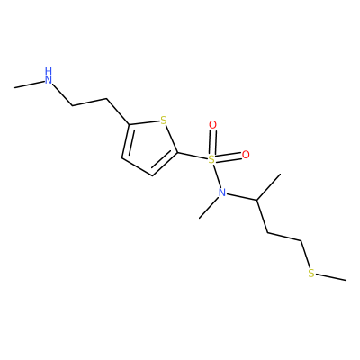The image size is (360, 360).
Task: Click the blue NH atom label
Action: coord(49,76)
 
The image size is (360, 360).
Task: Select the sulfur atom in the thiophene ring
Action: coord(163,121)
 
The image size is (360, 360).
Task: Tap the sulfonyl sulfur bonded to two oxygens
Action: coord(211,159)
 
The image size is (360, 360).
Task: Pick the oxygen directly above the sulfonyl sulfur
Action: coord(212,125)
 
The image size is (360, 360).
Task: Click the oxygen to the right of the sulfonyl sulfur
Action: coord(246,155)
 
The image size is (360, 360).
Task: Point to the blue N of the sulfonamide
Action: coord(222,193)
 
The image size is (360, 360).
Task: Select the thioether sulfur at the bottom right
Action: coord(311,274)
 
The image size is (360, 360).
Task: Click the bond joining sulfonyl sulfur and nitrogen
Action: coord(217,175)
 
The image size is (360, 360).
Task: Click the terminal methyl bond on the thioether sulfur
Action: coord(331,277)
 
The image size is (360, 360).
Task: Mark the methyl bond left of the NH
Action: coord(29,85)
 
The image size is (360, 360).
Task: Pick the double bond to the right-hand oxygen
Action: coord(229,157)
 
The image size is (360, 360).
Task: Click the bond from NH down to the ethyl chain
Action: coord(62,94)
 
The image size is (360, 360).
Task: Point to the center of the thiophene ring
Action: coord(150,147)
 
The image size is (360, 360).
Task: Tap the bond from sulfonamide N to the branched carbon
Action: coord(242,197)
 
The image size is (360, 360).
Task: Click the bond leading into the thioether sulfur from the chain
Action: coord(305,254)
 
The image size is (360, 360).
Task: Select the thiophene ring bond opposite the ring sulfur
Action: coord(137,166)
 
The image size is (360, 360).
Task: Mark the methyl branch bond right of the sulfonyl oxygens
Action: coord(269,187)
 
